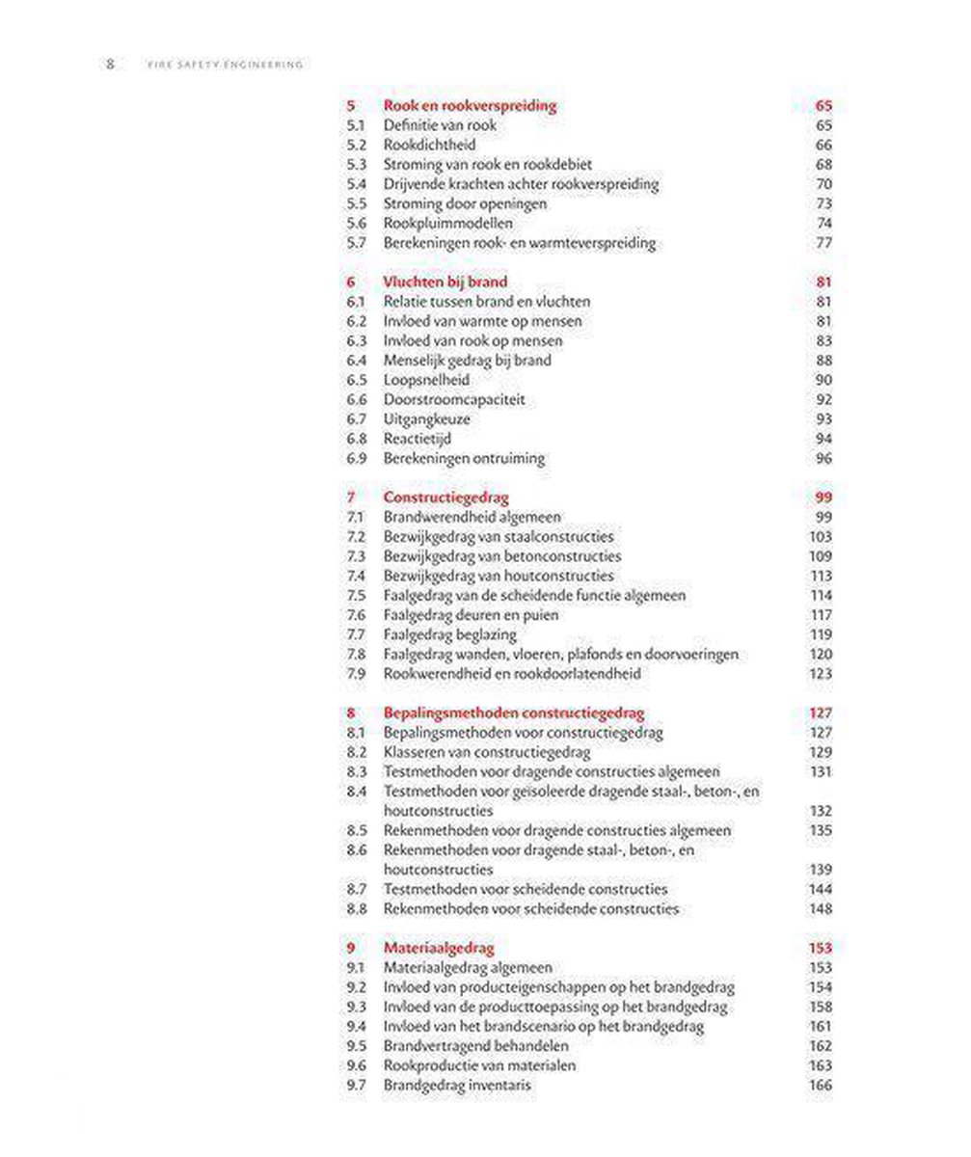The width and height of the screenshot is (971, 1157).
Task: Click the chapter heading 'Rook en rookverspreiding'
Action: coord(470,106)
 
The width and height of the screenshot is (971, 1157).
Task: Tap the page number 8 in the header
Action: coord(110,65)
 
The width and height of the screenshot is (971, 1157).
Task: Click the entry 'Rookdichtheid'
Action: coord(429,146)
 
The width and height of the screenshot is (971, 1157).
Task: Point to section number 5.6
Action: coord(356,224)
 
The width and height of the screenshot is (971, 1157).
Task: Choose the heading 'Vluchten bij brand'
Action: coord(445,283)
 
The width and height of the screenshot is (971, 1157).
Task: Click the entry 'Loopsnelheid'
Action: coord(426,380)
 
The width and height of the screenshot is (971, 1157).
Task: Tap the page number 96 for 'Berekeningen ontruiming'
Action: coord(823,458)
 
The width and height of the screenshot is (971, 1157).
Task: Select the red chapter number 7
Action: coord(351,498)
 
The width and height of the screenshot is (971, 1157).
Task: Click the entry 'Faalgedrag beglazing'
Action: coord(449,634)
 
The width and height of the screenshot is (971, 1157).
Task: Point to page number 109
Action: coord(820,556)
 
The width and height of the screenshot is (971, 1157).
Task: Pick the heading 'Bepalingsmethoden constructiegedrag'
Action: coord(514,713)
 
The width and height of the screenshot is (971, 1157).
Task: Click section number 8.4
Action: coord(356,792)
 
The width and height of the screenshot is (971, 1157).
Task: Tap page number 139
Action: coord(820,870)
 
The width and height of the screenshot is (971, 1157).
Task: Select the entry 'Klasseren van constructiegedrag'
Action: coord(486,752)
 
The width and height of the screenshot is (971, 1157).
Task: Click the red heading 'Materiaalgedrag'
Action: coord(439,948)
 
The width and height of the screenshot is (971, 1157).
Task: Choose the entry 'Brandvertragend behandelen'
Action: coord(475,1046)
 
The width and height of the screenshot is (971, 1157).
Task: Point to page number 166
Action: coord(820,1086)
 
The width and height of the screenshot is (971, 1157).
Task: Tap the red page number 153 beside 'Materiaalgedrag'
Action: coord(819,948)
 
